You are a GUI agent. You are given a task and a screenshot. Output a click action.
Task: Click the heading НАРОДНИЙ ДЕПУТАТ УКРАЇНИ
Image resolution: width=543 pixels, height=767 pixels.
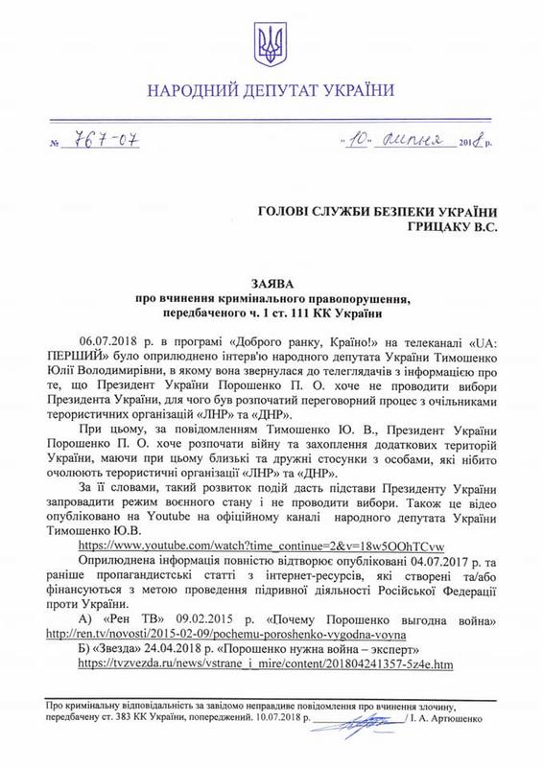pos(271,91)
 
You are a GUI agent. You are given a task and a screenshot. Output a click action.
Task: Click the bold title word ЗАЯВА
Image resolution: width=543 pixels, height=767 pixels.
pos(271,286)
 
